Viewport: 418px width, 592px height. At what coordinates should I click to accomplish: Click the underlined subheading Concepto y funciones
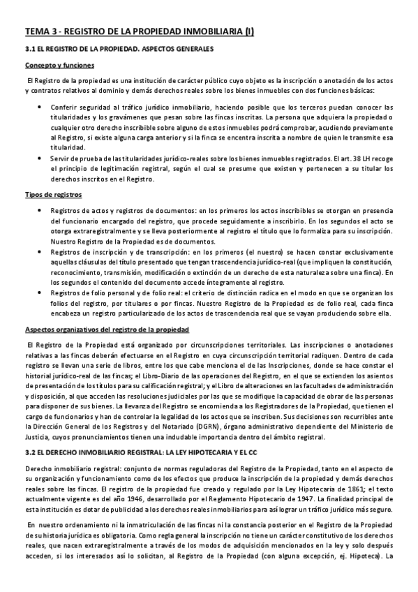[x=54, y=66]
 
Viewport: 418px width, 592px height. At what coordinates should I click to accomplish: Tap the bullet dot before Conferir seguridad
[x=38, y=107]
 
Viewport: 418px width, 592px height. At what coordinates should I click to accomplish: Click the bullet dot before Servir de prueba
[x=38, y=158]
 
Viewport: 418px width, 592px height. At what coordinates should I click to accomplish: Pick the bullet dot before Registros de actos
[x=38, y=210]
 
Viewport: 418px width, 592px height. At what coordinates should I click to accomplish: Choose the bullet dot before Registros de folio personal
[x=38, y=293]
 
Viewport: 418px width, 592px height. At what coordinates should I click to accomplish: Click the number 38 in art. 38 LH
[x=341, y=158]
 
